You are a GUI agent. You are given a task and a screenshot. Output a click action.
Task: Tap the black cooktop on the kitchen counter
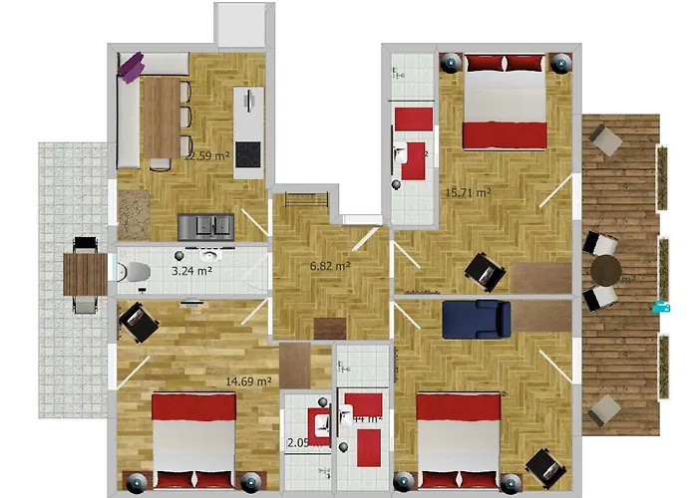[247, 153]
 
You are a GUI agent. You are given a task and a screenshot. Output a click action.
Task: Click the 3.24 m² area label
[190, 270]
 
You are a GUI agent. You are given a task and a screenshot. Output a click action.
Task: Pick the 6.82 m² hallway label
[330, 266]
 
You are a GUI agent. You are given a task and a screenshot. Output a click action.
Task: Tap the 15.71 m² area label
[468, 192]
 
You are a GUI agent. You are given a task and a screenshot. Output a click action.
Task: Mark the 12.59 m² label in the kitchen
[207, 155]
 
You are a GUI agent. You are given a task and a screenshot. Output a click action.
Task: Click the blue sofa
[477, 319]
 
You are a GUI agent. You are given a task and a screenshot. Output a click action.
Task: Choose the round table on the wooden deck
[605, 270]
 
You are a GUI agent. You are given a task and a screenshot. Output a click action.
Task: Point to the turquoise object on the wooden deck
[659, 307]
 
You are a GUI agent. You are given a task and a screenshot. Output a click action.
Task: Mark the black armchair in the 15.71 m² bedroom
[485, 270]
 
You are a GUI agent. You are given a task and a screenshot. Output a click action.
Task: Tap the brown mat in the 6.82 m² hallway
[329, 328]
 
